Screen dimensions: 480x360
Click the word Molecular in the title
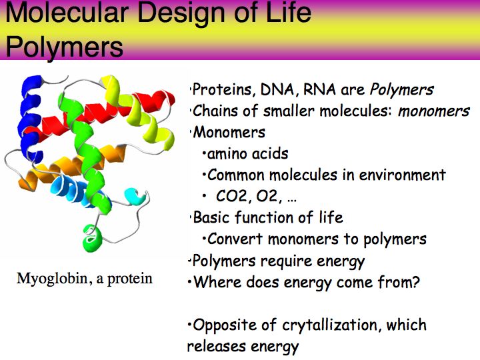67,12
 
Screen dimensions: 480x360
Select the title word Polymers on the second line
64,47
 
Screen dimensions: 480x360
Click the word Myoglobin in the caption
52,279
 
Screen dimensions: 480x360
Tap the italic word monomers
433,111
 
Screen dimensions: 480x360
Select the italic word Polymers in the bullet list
401,90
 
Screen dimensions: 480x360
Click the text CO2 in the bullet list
231,196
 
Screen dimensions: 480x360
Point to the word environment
402,175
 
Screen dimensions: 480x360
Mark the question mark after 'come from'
415,282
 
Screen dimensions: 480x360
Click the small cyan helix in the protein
135,196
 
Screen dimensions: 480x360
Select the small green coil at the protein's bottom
92,238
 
